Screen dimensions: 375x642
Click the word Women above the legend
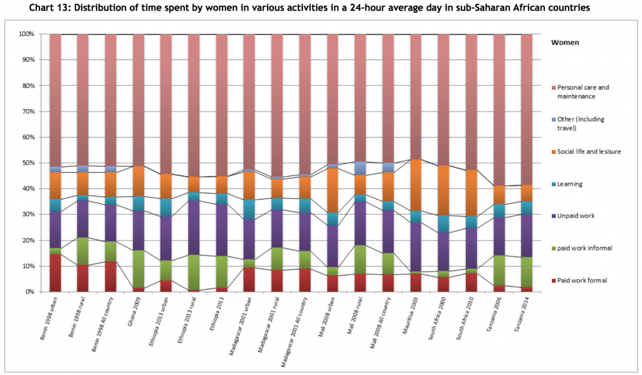565,43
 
